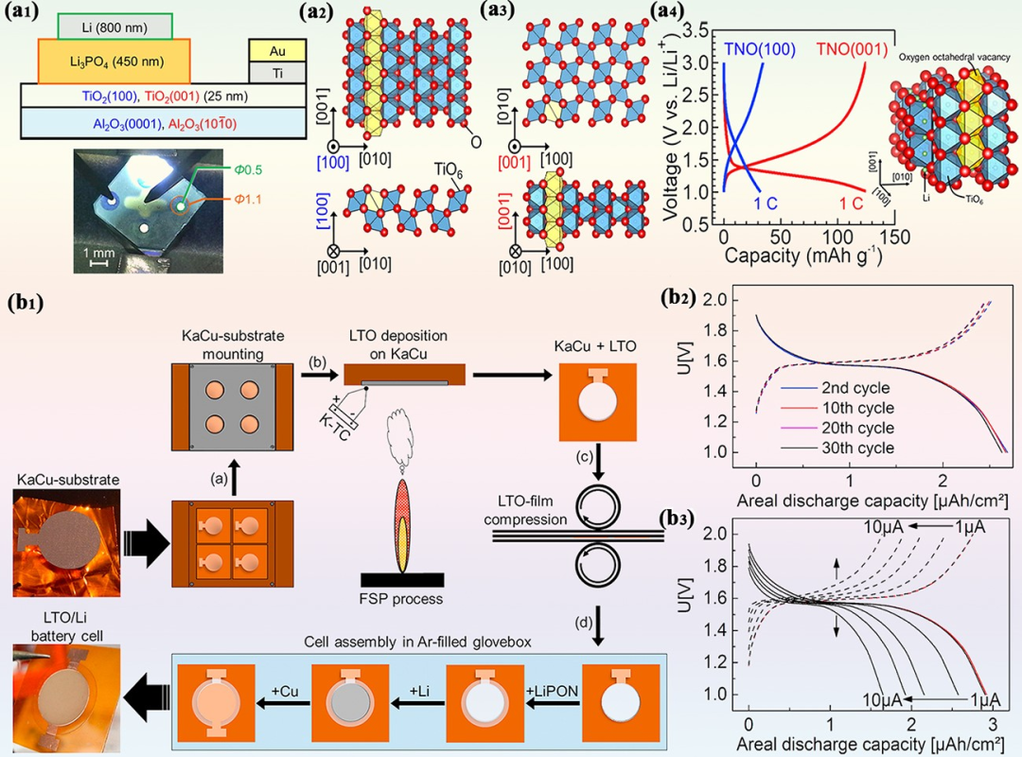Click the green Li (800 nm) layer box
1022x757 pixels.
click(115, 26)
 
